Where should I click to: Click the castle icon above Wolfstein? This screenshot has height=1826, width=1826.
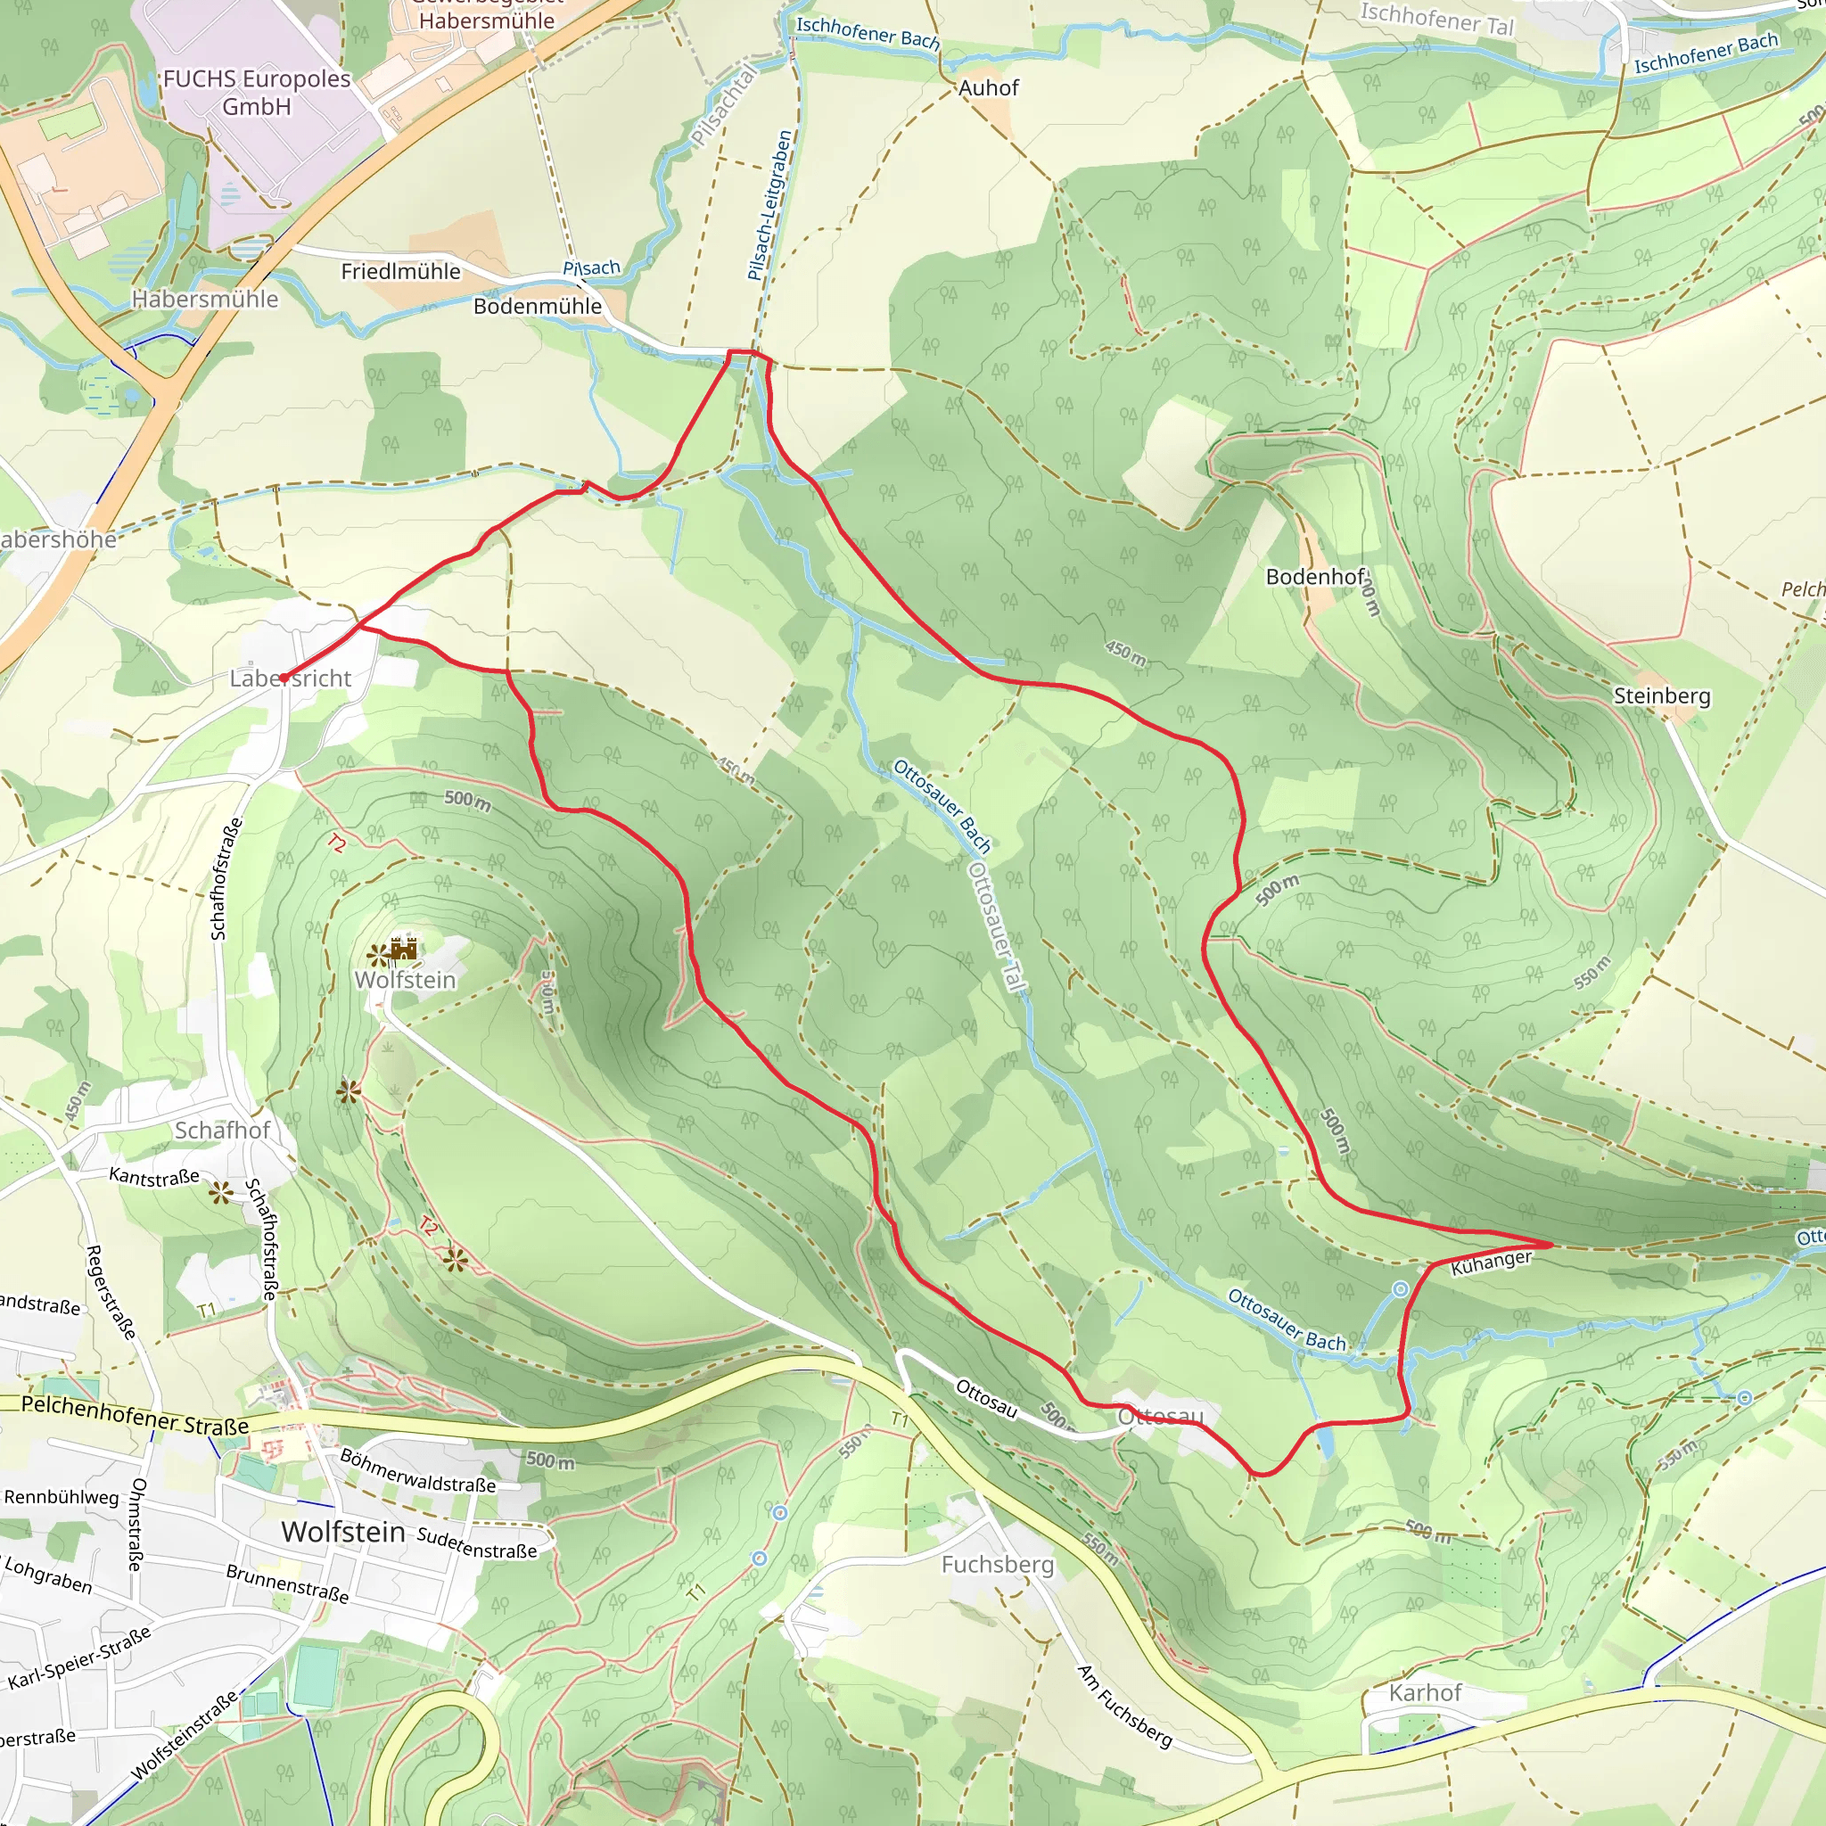click(404, 948)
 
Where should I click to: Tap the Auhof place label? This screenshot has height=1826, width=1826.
click(989, 88)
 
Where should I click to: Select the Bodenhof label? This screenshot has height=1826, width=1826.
click(1316, 577)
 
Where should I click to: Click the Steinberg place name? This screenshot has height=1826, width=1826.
click(1662, 695)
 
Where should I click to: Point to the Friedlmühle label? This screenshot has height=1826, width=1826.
click(400, 271)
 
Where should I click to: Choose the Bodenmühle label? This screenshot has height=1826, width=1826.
click(537, 306)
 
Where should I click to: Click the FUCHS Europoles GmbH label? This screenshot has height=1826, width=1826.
click(256, 92)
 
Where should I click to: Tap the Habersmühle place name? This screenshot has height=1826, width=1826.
click(205, 300)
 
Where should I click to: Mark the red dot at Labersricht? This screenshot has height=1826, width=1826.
click(284, 678)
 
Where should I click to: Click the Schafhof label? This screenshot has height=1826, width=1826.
click(222, 1130)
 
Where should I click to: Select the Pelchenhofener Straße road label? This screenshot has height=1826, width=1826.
click(136, 1415)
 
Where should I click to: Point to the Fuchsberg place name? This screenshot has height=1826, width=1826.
click(997, 1564)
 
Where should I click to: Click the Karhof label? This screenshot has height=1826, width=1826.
click(1424, 1693)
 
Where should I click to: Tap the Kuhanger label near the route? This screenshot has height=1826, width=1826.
click(1491, 1263)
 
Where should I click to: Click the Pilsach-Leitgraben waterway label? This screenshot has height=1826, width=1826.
click(769, 206)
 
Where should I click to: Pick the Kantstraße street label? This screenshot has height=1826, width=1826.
click(154, 1176)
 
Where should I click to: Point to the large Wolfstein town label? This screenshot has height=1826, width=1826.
click(343, 1531)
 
